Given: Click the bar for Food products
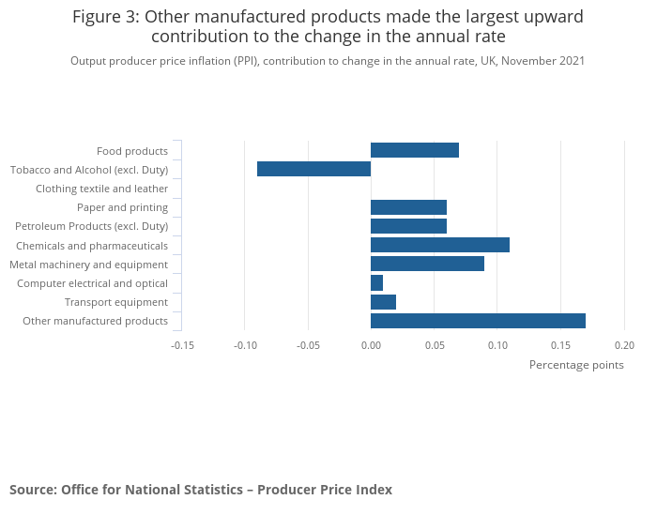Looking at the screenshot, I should tap(415, 150).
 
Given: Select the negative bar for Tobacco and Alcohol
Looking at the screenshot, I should tap(313, 169).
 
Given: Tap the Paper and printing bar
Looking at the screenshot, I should tap(408, 207).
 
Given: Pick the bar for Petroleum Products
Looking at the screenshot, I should tap(408, 226).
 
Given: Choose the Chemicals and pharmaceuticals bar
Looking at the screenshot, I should tap(440, 245).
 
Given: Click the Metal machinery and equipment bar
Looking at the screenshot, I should tap(427, 264).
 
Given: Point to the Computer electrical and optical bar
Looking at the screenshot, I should tap(376, 283).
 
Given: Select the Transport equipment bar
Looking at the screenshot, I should tap(383, 302).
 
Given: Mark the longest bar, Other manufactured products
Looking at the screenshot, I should tap(478, 321).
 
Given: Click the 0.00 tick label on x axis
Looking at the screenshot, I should tap(371, 345).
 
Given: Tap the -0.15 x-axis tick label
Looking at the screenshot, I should tap(182, 345).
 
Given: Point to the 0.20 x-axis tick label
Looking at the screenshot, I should tap(624, 345).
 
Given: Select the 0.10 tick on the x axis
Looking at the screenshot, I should tap(497, 345).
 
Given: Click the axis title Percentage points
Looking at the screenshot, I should tap(576, 365).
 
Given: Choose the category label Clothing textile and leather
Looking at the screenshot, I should tap(101, 189).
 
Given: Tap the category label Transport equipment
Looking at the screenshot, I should tap(116, 302).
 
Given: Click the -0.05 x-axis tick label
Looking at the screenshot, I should tap(308, 345).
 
